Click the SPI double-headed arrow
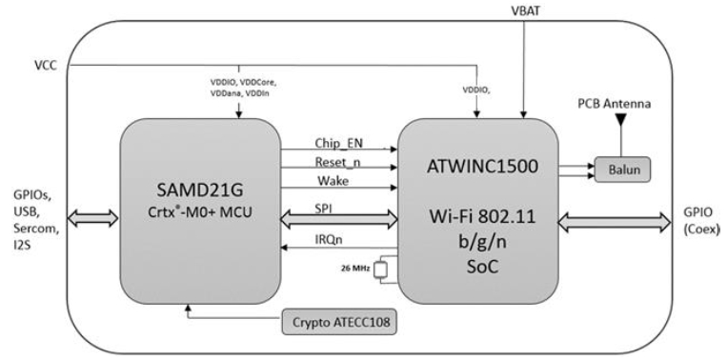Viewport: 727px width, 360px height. click(x=339, y=218)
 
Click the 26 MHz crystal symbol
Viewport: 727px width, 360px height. click(x=381, y=270)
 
